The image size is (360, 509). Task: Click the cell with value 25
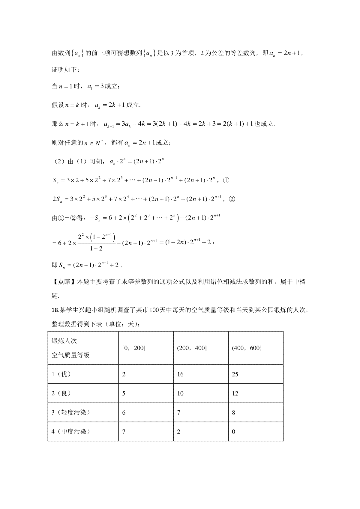pyautogui.click(x=235, y=374)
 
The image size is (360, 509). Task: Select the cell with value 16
pyautogui.click(x=180, y=374)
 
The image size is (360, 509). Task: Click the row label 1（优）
pyautogui.click(x=61, y=374)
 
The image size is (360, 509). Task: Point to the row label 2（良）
pyautogui.click(x=61, y=394)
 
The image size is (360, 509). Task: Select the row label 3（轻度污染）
pyautogui.click(x=70, y=413)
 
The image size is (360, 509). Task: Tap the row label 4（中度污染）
pyautogui.click(x=70, y=432)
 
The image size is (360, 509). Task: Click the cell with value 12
pyautogui.click(x=235, y=394)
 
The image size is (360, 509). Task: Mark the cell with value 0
pyautogui.click(x=234, y=432)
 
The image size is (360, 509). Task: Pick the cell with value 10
pyautogui.click(x=180, y=394)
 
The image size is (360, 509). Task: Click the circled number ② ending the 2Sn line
pyautogui.click(x=232, y=199)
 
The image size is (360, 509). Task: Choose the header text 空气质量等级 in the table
pyautogui.click(x=70, y=355)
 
